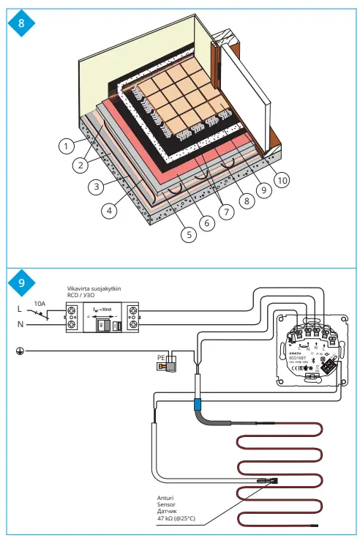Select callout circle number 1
click(67, 146)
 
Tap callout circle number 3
click(95, 187)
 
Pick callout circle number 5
click(188, 235)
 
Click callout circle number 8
click(244, 199)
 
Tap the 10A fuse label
click(38, 302)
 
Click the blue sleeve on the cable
click(197, 405)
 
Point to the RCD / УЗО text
click(82, 296)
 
